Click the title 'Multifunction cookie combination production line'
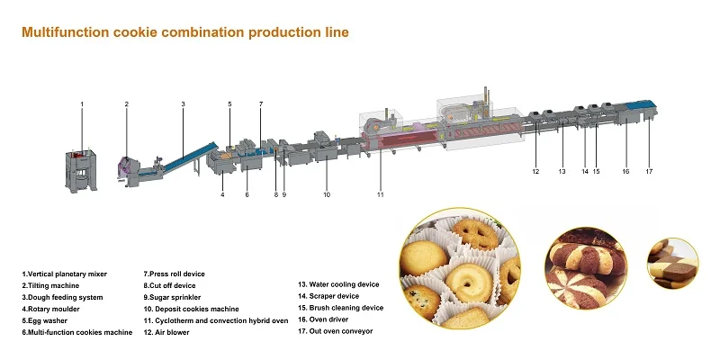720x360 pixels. [184, 32]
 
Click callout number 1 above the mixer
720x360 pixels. [82, 104]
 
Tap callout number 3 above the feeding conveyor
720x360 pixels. [183, 104]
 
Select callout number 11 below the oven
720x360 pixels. [380, 194]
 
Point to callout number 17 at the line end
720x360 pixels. [648, 171]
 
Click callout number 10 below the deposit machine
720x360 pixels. [327, 194]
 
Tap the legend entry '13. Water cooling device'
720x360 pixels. [338, 284]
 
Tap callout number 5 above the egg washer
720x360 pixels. [229, 104]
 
